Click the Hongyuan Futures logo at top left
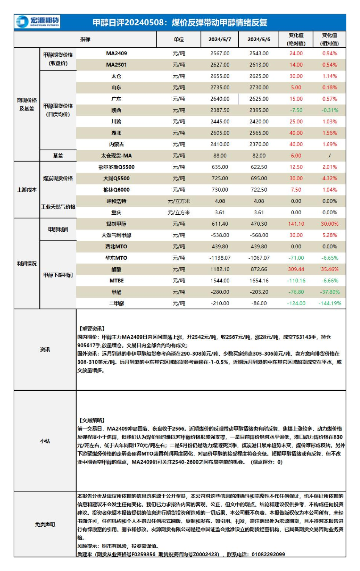[x=38, y=22]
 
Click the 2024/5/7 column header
[x=219, y=39]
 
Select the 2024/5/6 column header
[x=259, y=39]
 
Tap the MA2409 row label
[x=116, y=53]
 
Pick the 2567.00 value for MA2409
[x=220, y=53]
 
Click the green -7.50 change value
[x=296, y=110]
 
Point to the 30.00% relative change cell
[x=330, y=224]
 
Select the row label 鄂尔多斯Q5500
[x=116, y=167]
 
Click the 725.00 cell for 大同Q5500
[x=220, y=178]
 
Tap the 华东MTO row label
[x=116, y=258]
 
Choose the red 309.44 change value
[x=296, y=269]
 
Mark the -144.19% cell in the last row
[x=330, y=303]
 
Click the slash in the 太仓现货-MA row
[x=330, y=156]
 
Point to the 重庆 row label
[x=116, y=212]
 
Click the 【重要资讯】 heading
[x=91, y=329]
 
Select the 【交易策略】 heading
[x=91, y=420]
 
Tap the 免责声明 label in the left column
[x=45, y=524]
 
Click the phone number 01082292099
[x=268, y=554]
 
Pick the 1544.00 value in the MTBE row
[x=220, y=281]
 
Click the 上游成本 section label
[x=27, y=190]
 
